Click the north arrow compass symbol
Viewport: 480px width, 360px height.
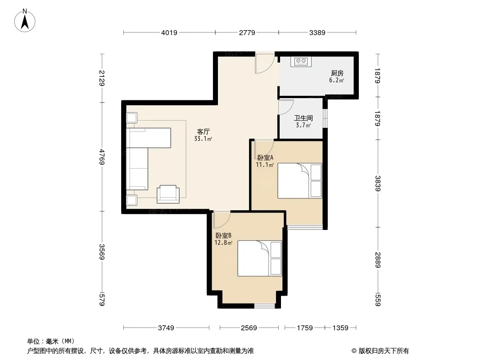[x=25, y=21]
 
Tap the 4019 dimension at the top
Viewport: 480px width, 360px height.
[x=169, y=32]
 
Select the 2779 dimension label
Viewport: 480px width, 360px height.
[x=247, y=32]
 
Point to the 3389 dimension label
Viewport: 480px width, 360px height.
[x=317, y=32]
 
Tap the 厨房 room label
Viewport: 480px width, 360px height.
[x=337, y=73]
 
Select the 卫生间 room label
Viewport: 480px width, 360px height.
[x=303, y=118]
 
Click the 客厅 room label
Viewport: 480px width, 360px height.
[x=203, y=131]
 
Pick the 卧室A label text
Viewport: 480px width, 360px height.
[x=265, y=158]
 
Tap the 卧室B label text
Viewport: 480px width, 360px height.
[x=223, y=235]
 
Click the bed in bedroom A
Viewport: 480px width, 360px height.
[x=300, y=180]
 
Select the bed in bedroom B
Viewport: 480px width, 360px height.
[x=260, y=258]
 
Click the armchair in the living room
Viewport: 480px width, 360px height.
[x=168, y=194]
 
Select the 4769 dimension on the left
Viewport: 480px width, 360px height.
[x=102, y=157]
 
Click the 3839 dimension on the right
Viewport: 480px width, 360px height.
[x=378, y=184]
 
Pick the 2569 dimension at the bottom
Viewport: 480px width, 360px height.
[x=249, y=328]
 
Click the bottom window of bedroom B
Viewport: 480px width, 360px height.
[x=265, y=305]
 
